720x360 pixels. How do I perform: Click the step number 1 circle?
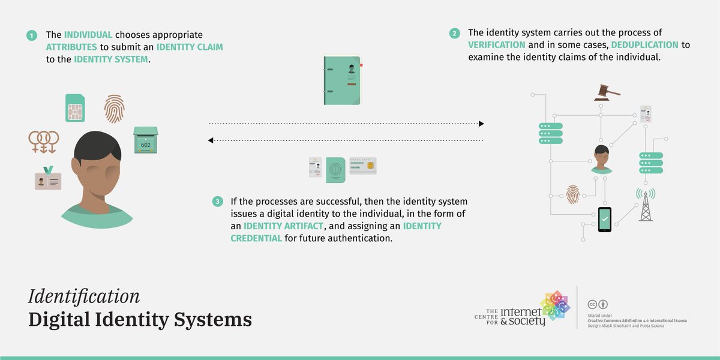tap(31, 35)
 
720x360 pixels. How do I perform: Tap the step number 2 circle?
tap(455, 33)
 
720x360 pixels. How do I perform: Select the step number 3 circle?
tap(217, 202)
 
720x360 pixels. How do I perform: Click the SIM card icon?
tap(76, 108)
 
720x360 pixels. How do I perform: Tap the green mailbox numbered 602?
tap(146, 140)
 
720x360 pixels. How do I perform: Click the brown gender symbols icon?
tap(44, 142)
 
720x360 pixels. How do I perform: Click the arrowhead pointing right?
tap(481, 124)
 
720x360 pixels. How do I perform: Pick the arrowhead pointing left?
tap(211, 140)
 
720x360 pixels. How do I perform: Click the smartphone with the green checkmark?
tap(604, 220)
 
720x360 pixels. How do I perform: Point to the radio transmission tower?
tap(646, 204)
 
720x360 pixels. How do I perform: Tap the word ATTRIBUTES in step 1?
tap(71, 47)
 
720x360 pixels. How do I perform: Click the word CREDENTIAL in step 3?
tap(256, 238)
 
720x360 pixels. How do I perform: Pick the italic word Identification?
tap(83, 296)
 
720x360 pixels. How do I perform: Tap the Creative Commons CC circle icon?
tap(592, 304)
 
